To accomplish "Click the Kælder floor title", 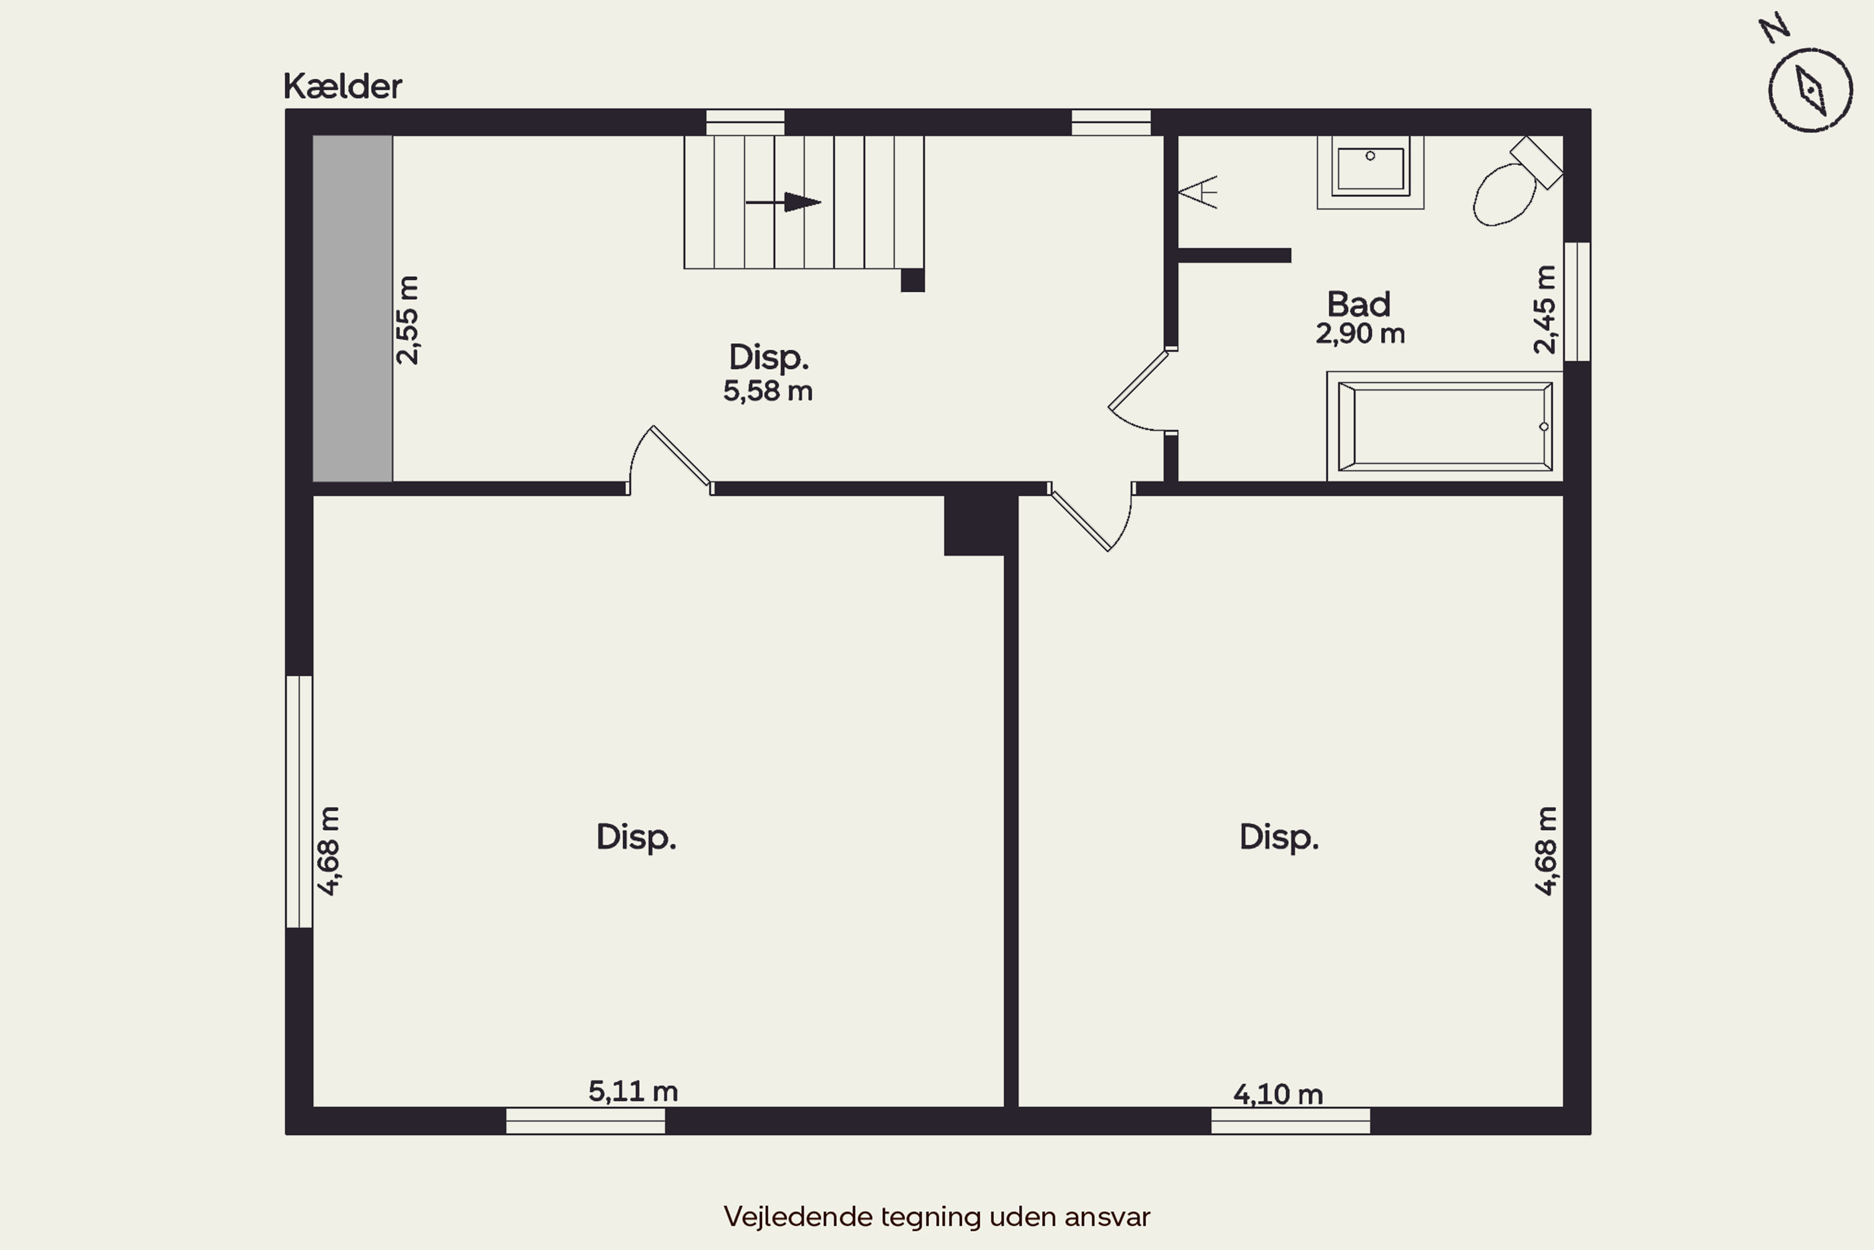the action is coord(342,86).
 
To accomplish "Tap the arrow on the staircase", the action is coord(783,202).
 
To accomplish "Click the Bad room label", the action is coord(1359,304).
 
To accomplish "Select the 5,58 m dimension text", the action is coord(768,391).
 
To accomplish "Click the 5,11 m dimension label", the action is coord(633,1091).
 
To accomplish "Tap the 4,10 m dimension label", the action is coord(1278,1094).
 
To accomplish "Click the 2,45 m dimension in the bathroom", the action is coord(1544,309).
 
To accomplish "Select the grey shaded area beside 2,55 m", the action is coord(352,309).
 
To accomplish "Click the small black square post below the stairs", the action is coord(912,281).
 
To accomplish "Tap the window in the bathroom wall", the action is coord(1577,302).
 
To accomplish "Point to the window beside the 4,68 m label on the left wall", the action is coord(299,802).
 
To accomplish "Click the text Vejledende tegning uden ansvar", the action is coord(937,1216).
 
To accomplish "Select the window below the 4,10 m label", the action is coord(1291,1121).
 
